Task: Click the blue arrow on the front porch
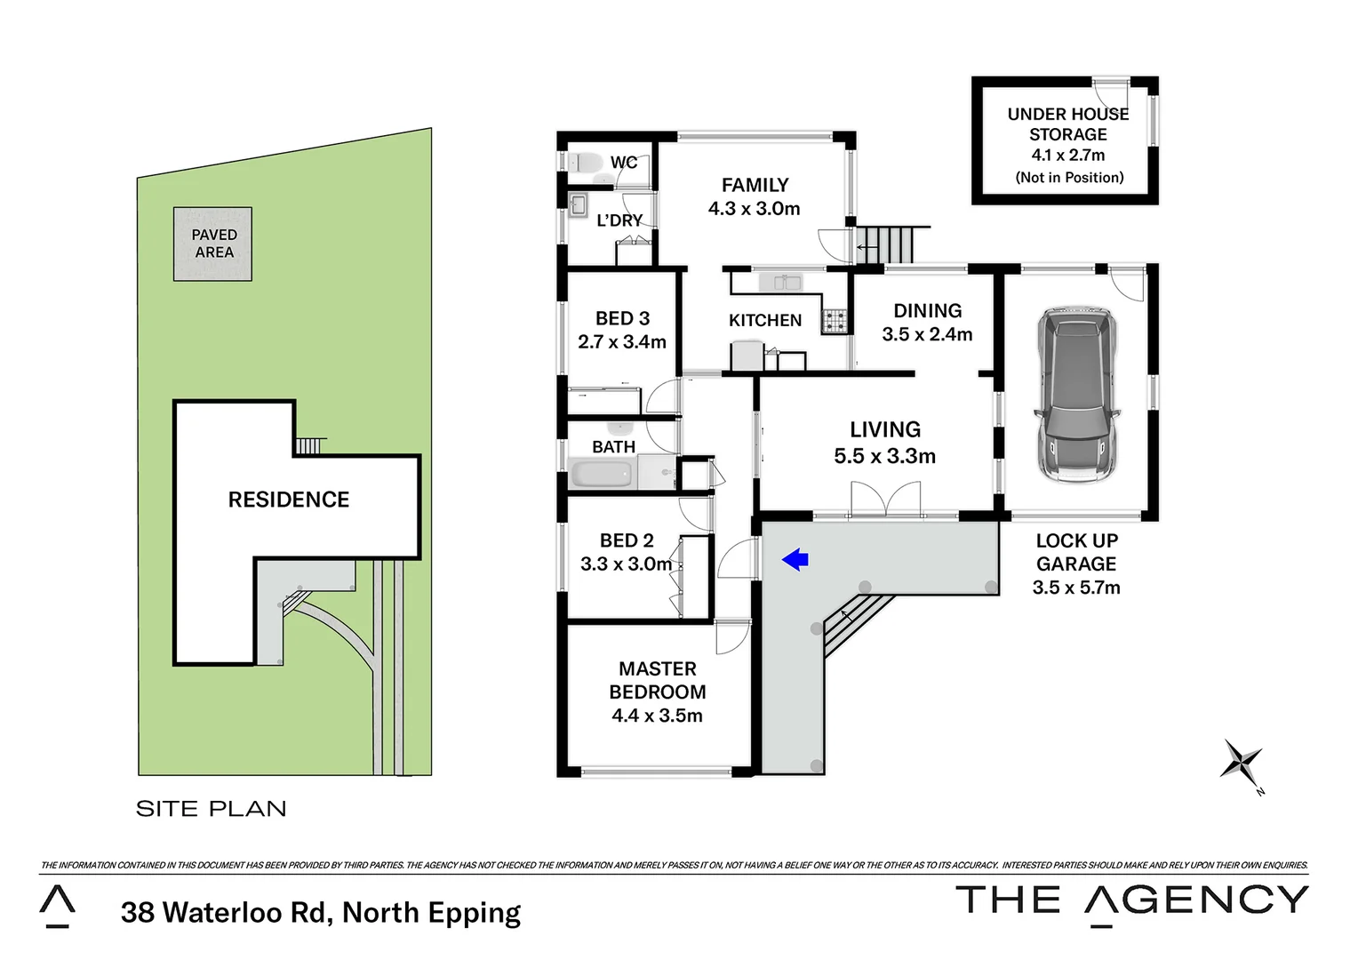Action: coord(795,559)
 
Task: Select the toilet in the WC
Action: coord(583,163)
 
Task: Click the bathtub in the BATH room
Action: coord(603,473)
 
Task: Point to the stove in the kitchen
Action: coord(834,321)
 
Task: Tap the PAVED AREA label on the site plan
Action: coord(213,244)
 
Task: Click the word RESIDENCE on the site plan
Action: coord(288,500)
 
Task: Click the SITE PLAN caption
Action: coord(211,808)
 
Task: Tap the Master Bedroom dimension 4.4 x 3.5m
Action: coord(657,716)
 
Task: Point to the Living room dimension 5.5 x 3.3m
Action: coord(884,456)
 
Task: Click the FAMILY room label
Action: coord(755,185)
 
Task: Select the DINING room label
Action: coord(927,310)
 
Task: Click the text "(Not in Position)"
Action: coord(1069,177)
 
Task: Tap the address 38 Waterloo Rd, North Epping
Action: coord(321,913)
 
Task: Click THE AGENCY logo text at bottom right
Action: coord(1131,900)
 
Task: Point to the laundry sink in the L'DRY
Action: coord(578,206)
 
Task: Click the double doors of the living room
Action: coord(885,500)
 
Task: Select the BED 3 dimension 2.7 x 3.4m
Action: coord(622,341)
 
